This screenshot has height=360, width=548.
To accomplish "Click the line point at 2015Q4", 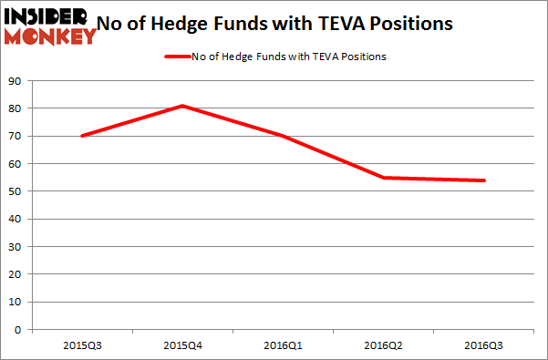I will point(182,106).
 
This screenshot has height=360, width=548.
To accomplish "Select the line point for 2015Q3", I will point(82,136).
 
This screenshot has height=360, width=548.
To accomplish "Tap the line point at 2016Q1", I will point(283,136).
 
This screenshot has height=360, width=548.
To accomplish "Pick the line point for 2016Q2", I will point(384,178).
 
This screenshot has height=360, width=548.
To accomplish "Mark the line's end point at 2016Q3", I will point(484,180).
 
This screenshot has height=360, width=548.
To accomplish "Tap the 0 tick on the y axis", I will point(19,329).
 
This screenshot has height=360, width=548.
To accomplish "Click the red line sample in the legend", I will point(175,57).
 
